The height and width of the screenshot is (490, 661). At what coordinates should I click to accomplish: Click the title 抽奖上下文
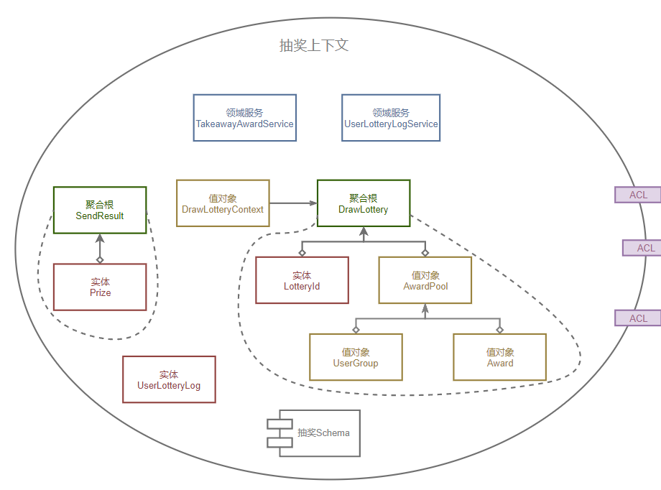[314, 45]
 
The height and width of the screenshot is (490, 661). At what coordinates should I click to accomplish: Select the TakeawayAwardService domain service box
[244, 118]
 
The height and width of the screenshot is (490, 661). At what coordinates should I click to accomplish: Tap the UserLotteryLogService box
[391, 118]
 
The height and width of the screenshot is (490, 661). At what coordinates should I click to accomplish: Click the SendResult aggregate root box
[100, 210]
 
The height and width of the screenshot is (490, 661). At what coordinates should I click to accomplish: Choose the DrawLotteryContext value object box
[223, 203]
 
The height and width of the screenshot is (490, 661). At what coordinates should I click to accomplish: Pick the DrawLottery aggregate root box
[364, 203]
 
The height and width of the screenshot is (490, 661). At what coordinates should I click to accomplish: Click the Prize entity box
[100, 287]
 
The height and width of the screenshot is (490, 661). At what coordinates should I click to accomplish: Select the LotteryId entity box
[302, 280]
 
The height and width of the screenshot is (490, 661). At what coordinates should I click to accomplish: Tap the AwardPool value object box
[425, 280]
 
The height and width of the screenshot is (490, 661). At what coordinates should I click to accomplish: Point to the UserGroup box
[356, 357]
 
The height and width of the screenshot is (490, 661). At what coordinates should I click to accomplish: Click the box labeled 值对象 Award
[499, 357]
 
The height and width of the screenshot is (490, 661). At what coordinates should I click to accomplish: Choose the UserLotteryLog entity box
[169, 379]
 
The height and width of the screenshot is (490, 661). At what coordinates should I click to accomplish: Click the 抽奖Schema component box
[313, 433]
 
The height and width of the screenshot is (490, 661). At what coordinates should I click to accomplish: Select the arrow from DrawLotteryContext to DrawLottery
[293, 203]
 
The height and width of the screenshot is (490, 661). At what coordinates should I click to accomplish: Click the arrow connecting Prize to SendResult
[100, 249]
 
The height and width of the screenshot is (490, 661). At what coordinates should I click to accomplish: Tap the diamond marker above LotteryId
[302, 252]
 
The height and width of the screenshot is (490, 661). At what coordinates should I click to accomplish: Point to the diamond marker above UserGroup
[356, 329]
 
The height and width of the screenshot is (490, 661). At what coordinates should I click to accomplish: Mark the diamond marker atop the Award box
[500, 329]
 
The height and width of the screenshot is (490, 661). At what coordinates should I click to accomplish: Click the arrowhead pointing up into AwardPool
[425, 309]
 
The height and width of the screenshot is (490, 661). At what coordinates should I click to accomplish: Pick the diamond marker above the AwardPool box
[425, 252]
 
